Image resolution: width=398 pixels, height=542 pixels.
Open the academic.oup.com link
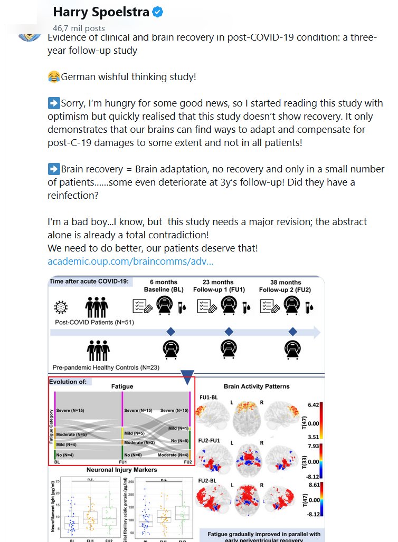click(x=130, y=261)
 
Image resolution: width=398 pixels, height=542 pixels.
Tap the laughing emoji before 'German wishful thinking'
click(x=53, y=77)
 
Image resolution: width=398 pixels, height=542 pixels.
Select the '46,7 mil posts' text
click(x=79, y=28)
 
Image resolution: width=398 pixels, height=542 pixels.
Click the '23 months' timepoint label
click(x=218, y=282)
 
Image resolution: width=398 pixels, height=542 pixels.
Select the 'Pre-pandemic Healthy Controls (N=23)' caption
click(x=106, y=367)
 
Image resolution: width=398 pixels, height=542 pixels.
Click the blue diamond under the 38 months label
click(x=293, y=332)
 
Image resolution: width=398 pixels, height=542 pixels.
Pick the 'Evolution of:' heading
click(x=68, y=382)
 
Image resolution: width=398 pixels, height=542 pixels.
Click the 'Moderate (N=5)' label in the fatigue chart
click(x=71, y=434)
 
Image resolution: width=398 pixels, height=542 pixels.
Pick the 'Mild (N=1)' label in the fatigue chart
click(x=178, y=428)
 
